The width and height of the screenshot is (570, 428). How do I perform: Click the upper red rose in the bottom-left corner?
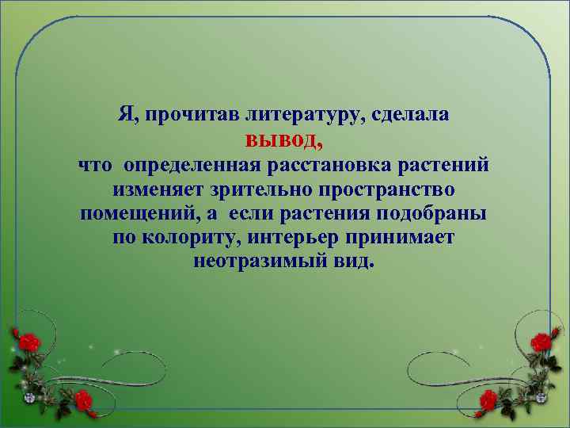pos(29,342)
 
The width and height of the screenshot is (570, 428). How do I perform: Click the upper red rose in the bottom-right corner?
pos(541,342)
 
